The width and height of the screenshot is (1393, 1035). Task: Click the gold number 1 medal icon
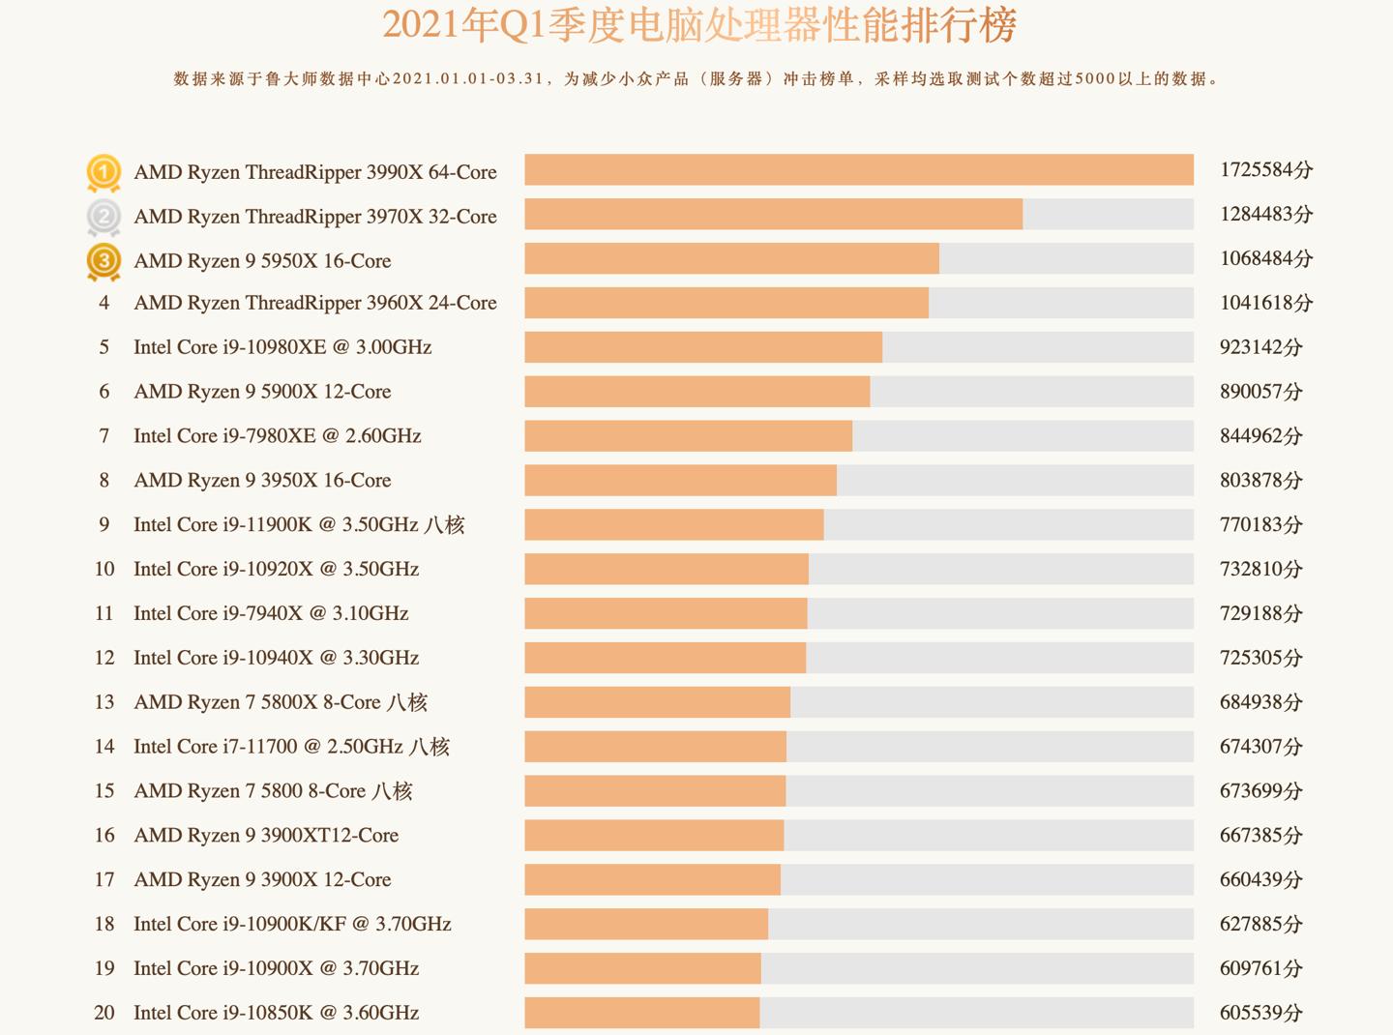coord(104,173)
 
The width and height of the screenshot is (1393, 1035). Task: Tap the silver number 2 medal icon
coord(104,217)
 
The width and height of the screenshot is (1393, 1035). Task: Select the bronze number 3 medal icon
coord(104,261)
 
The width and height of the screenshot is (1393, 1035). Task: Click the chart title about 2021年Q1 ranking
coord(698,25)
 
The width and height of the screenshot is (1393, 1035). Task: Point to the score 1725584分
coord(1265,170)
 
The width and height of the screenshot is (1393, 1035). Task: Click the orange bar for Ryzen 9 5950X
coord(731,258)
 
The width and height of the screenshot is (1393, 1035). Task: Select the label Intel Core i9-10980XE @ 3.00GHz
coord(282,347)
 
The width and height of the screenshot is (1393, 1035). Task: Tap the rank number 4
coord(104,303)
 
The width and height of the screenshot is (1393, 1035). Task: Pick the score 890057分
coord(1260,392)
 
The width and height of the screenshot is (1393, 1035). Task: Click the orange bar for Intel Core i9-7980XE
coord(688,435)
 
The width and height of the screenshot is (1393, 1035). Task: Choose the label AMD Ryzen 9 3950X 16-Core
coord(262,481)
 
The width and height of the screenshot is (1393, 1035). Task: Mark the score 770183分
coord(1260,525)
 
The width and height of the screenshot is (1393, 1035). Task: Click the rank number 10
coord(104,569)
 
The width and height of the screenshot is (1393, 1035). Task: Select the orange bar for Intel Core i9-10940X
coord(665,658)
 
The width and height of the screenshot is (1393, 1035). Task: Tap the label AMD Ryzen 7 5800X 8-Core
coord(281,702)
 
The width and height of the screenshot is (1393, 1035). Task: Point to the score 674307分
coord(1260,747)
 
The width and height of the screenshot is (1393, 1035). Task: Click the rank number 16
coord(104,835)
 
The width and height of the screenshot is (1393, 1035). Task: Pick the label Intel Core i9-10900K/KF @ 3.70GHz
coord(292,924)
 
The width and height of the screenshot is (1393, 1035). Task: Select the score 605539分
coord(1260,1013)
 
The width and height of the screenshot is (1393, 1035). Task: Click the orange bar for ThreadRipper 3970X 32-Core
coord(773,215)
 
